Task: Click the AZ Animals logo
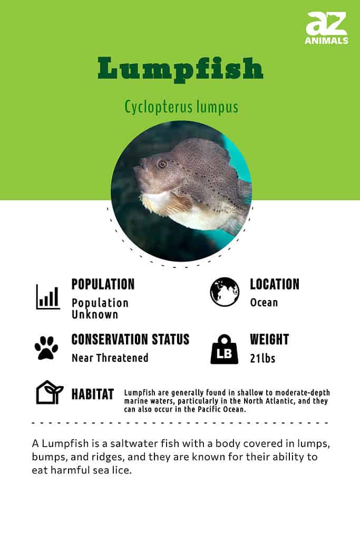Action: (326, 28)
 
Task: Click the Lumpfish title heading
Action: (180, 69)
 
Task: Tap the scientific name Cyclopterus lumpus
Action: (181, 107)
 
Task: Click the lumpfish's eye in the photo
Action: (162, 164)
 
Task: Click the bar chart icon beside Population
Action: (48, 297)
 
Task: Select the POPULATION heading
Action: (103, 284)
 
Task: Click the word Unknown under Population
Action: (95, 314)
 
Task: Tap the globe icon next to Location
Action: (225, 292)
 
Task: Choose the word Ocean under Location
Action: (264, 303)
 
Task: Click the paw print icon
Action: (46, 348)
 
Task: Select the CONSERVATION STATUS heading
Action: (130, 339)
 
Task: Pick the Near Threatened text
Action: (110, 358)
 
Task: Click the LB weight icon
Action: (225, 349)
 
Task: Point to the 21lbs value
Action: (262, 358)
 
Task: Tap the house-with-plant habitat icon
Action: (50, 392)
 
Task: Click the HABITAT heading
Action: (93, 394)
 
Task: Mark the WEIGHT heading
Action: (269, 339)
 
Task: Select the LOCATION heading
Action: (275, 284)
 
